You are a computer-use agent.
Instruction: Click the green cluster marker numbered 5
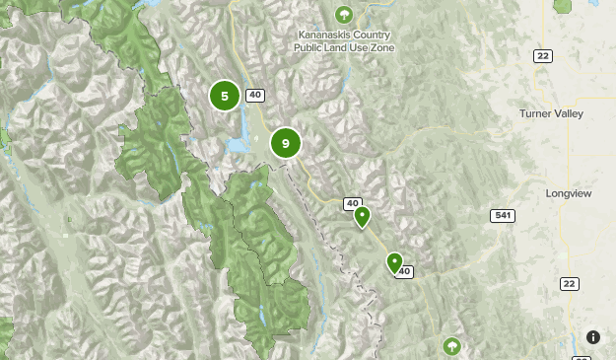(x=225, y=96)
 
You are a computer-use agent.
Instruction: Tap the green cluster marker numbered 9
(x=285, y=143)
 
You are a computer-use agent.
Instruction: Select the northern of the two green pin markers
(x=362, y=216)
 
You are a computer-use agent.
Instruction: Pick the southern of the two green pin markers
(x=394, y=262)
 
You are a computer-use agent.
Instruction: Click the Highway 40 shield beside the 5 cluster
(x=255, y=96)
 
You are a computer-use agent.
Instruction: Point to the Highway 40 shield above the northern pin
(x=353, y=203)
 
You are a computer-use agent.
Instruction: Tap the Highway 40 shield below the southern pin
(x=402, y=272)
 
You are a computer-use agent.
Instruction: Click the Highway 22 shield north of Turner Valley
(x=543, y=56)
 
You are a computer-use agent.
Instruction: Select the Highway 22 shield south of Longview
(x=568, y=284)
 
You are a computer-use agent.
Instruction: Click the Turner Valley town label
(x=551, y=113)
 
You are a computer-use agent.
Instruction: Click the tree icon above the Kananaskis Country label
(x=343, y=14)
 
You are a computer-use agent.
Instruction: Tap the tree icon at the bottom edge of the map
(x=451, y=346)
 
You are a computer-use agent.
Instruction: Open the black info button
(x=593, y=337)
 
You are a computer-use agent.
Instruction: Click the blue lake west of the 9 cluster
(x=239, y=145)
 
